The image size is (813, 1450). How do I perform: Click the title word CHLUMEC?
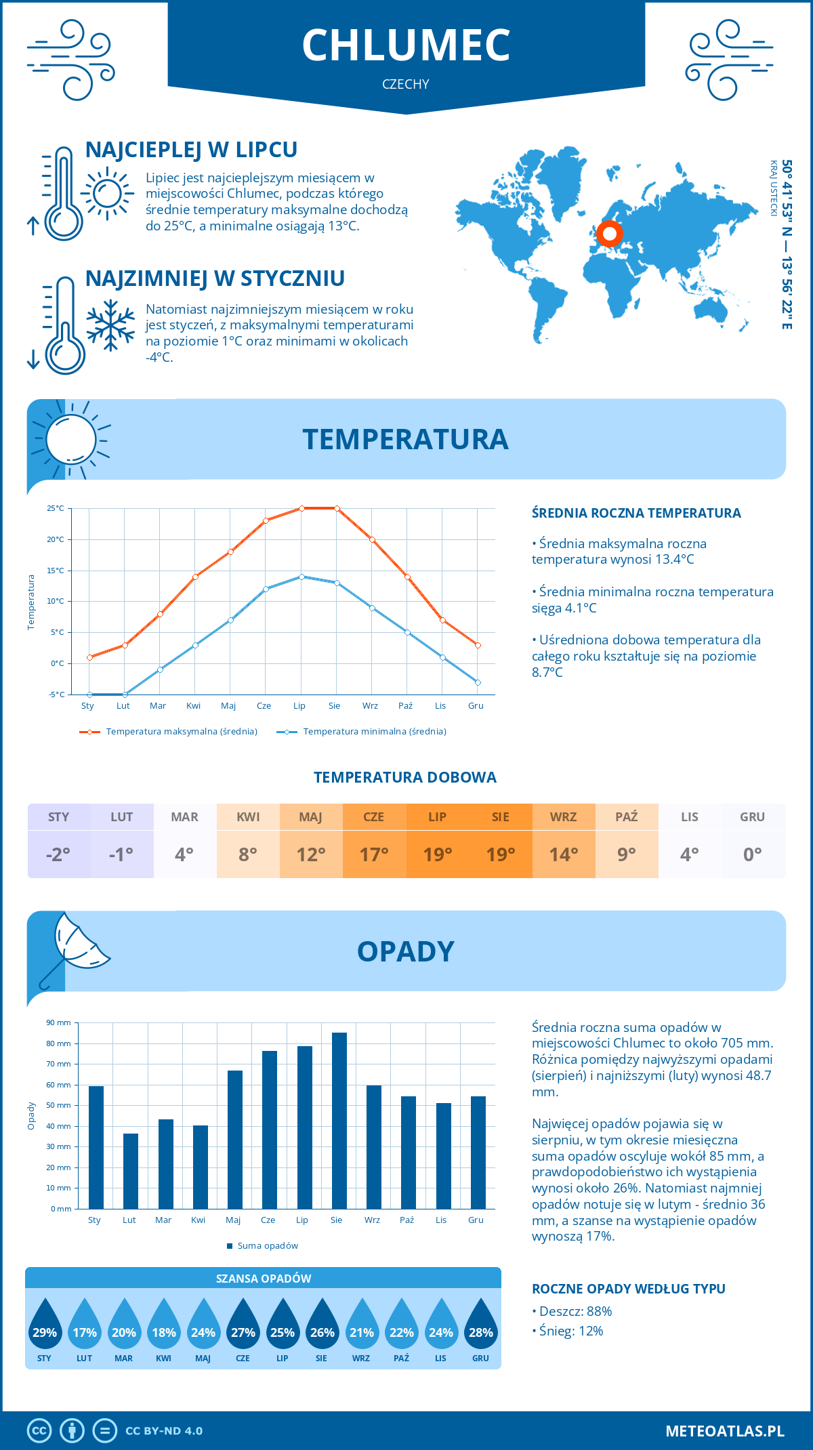(406, 45)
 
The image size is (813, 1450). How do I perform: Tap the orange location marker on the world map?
(609, 234)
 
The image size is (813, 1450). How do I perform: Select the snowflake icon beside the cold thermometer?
(110, 325)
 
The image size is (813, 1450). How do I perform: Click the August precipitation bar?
(339, 1121)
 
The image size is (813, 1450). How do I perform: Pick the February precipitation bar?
(131, 1171)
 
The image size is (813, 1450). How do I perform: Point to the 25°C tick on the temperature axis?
(56, 508)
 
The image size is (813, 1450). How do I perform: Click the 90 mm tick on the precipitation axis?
(59, 1022)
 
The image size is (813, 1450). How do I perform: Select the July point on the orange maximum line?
(301, 508)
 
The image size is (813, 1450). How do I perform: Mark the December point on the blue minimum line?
(478, 682)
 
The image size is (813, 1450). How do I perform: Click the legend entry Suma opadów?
(267, 1245)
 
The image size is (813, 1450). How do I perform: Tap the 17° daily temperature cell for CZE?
(374, 854)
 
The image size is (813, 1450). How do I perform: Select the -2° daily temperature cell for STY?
(58, 854)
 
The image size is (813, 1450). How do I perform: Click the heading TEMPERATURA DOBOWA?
(405, 777)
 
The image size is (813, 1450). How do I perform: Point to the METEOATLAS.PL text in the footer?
(724, 1430)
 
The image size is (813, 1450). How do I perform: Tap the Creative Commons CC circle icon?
(39, 1430)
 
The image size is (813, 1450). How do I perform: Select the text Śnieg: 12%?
(571, 1331)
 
